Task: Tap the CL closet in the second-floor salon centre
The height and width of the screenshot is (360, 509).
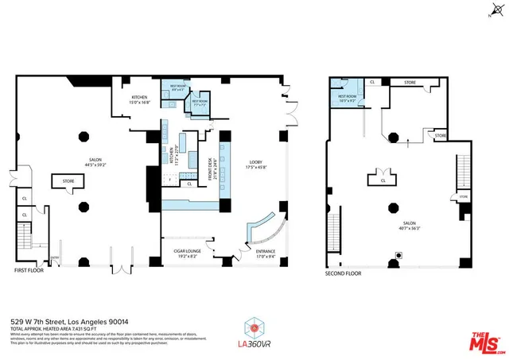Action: point(383,180)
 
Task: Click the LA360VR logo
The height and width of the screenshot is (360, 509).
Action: point(254,332)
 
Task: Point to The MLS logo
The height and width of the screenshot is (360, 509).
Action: point(482,340)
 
